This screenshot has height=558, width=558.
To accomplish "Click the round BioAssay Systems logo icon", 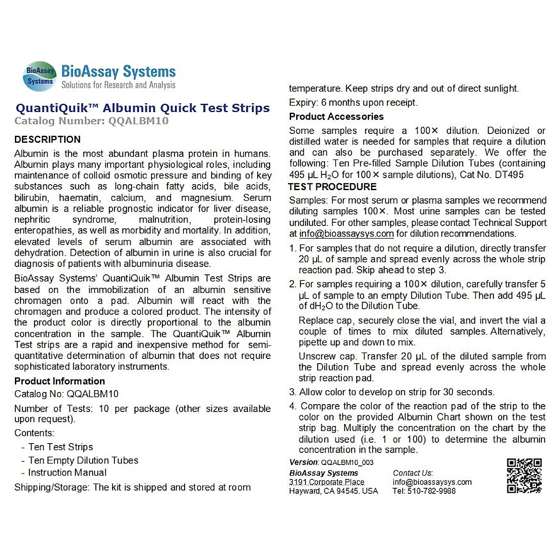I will [x=40, y=76].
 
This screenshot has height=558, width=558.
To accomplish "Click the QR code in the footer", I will [x=524, y=475].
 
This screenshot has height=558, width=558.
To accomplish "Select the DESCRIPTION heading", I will [x=47, y=139].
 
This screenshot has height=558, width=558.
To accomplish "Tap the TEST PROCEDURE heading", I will [x=332, y=186].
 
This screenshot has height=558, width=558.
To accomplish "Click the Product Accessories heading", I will [x=336, y=116].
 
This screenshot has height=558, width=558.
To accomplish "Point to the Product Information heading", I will [x=60, y=381].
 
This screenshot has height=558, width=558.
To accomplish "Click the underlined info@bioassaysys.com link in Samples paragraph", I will [x=346, y=234].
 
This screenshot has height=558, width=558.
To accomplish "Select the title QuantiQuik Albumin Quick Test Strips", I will [x=143, y=108].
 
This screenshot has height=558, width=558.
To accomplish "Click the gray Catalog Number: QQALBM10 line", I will [x=91, y=121].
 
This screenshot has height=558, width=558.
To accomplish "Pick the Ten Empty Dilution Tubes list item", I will [x=83, y=460].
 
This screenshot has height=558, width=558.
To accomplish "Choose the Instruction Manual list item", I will [x=67, y=472].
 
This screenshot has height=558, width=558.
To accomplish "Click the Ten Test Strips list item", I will [x=60, y=447].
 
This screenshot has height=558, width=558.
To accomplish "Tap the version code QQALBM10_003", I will [x=347, y=462].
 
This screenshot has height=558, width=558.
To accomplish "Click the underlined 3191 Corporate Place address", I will [x=326, y=482].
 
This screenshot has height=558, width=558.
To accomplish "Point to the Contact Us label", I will [x=413, y=473].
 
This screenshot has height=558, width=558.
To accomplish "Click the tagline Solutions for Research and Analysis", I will [x=119, y=85].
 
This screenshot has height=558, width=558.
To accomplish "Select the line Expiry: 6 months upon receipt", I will [x=353, y=102].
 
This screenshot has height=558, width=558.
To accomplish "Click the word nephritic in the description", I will [x=32, y=219].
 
